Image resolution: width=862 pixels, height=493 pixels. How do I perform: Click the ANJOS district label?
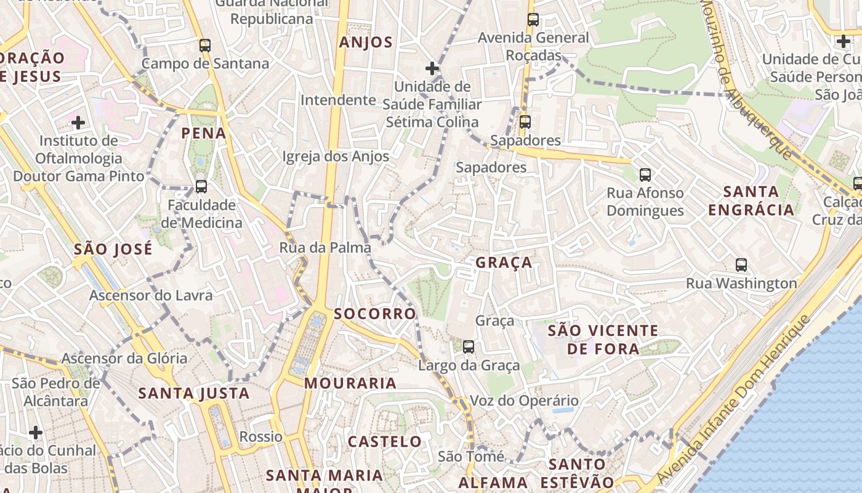point(366,42)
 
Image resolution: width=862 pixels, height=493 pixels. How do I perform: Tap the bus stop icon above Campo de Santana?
point(205,45)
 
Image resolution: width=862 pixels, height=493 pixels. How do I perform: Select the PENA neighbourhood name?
point(204,133)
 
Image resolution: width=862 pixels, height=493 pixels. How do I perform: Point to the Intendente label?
point(338,100)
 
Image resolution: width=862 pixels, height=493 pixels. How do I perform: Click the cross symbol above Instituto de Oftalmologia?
point(78,122)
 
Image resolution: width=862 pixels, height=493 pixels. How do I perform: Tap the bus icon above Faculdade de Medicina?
point(201,186)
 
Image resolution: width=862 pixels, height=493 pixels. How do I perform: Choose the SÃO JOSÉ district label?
point(113,250)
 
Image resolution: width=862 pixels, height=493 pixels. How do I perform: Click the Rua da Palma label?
point(325,248)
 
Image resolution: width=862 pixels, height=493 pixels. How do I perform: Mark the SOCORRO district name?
point(375,314)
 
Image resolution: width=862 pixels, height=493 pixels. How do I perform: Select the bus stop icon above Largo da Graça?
point(469,347)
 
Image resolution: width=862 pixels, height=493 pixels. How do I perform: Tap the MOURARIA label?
point(350,383)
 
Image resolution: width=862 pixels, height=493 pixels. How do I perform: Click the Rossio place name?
point(261,437)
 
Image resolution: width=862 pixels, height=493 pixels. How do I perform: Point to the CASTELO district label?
point(385,442)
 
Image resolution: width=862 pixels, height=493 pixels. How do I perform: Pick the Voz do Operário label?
point(524,401)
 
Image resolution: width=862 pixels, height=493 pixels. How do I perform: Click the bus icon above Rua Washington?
point(741,265)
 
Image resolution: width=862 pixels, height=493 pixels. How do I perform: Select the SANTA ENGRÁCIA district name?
point(751,201)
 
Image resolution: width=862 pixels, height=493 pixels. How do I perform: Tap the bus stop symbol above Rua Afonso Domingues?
point(645,175)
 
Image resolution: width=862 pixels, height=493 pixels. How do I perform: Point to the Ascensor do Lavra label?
point(151,295)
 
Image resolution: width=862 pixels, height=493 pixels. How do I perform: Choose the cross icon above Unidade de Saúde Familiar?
point(432,68)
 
